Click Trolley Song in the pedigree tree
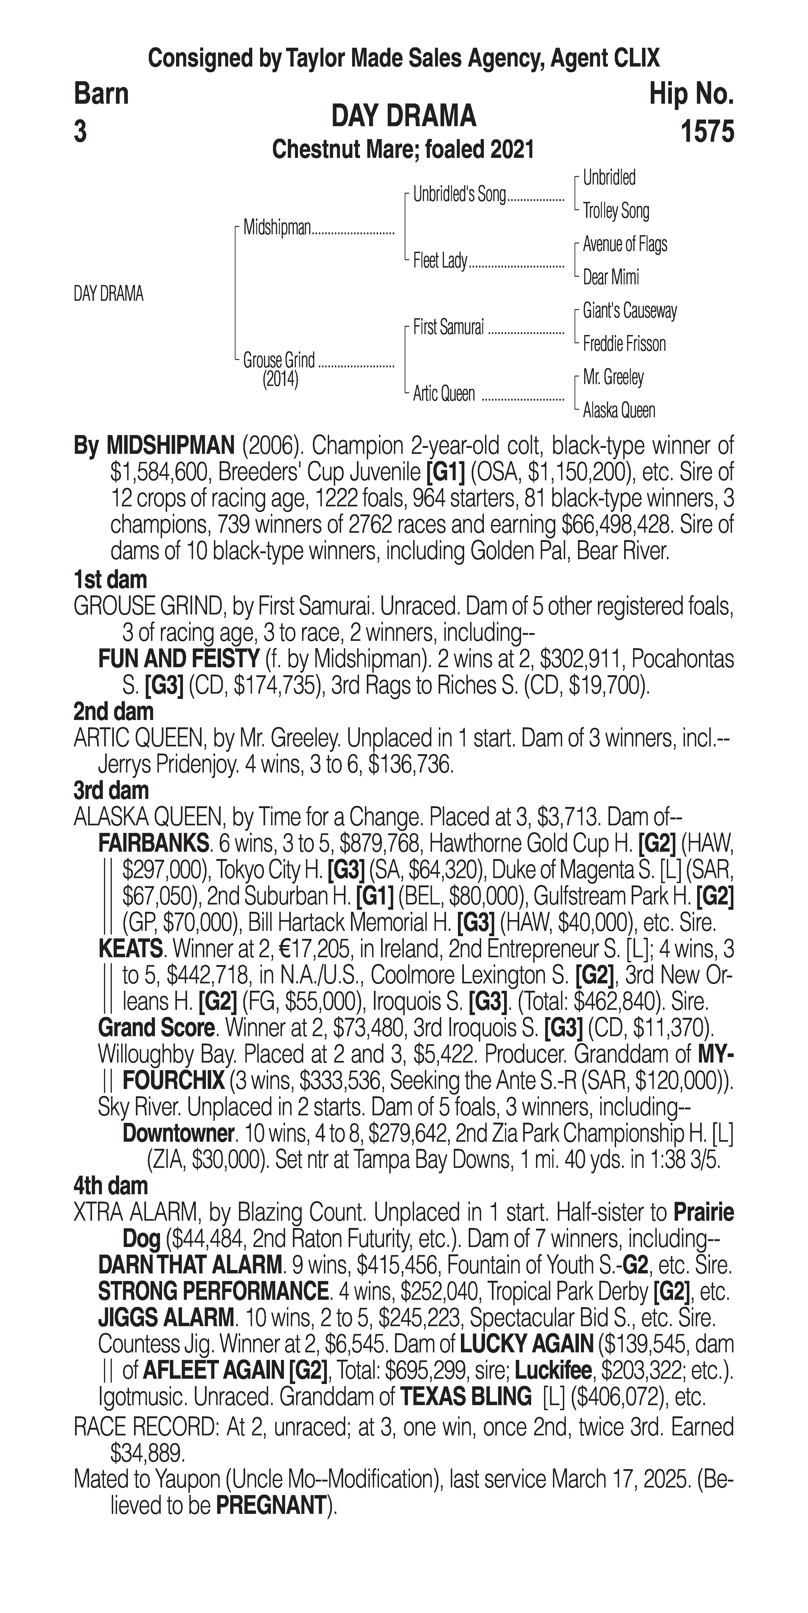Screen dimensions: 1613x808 (x=616, y=211)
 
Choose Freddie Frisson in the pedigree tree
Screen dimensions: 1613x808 (x=624, y=344)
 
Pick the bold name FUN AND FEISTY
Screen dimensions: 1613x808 (x=179, y=659)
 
